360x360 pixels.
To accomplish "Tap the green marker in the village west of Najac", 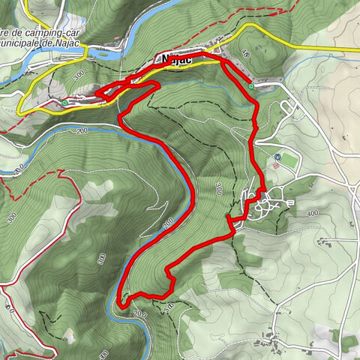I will [64, 102].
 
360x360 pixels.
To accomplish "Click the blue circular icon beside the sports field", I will [278, 157].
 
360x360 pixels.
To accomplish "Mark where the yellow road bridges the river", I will [89, 54].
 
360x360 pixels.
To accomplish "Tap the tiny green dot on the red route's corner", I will [227, 217].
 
